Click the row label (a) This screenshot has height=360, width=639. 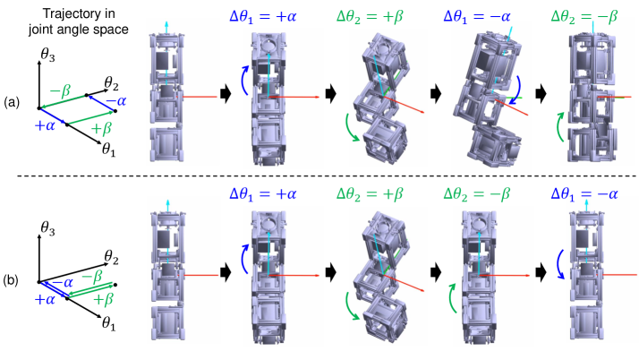click(x=12, y=103)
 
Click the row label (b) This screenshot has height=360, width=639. click(x=11, y=280)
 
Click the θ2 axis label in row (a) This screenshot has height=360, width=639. click(x=111, y=83)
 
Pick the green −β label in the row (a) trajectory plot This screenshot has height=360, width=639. click(x=60, y=91)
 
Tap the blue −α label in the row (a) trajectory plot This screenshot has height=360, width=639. click(x=115, y=100)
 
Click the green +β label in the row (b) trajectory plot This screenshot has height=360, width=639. click(x=102, y=300)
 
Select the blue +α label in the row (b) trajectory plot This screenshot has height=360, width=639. click(x=45, y=300)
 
